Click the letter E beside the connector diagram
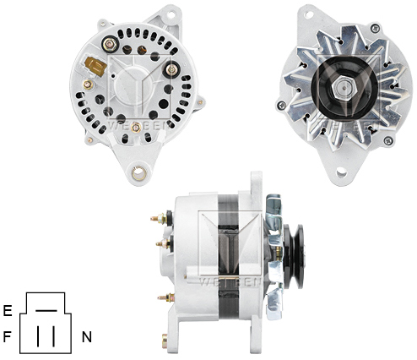tap(7, 310)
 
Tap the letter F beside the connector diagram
tap(7, 336)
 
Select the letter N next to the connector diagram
tap(86, 336)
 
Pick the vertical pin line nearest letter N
tap(53, 335)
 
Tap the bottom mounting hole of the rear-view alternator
tap(138, 174)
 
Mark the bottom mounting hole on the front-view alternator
tap(342, 172)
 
